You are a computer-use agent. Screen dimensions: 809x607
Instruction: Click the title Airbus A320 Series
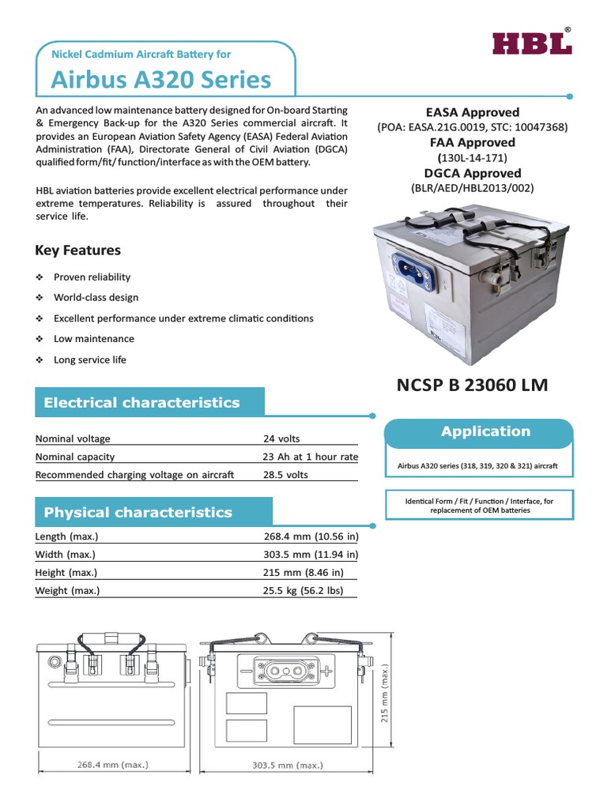click(x=161, y=79)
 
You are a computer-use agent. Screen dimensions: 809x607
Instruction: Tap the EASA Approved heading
click(x=473, y=112)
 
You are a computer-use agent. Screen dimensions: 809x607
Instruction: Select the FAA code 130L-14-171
click(x=473, y=158)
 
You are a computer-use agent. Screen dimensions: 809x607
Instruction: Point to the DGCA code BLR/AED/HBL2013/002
click(x=473, y=188)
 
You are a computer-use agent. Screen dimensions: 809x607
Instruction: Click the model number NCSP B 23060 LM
click(x=471, y=386)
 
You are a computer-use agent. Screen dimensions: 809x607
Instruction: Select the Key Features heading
click(x=77, y=250)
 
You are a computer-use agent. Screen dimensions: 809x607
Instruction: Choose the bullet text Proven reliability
click(x=92, y=277)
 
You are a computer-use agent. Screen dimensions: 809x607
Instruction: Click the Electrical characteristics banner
click(x=141, y=403)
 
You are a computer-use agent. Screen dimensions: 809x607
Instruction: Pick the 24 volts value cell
click(x=281, y=439)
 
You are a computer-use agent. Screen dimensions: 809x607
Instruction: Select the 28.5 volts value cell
click(x=285, y=476)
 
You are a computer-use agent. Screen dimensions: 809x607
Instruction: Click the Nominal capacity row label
click(x=75, y=457)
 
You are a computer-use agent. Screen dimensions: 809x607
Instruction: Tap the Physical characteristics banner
click(x=138, y=513)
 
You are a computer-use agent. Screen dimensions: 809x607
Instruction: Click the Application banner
click(x=485, y=432)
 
